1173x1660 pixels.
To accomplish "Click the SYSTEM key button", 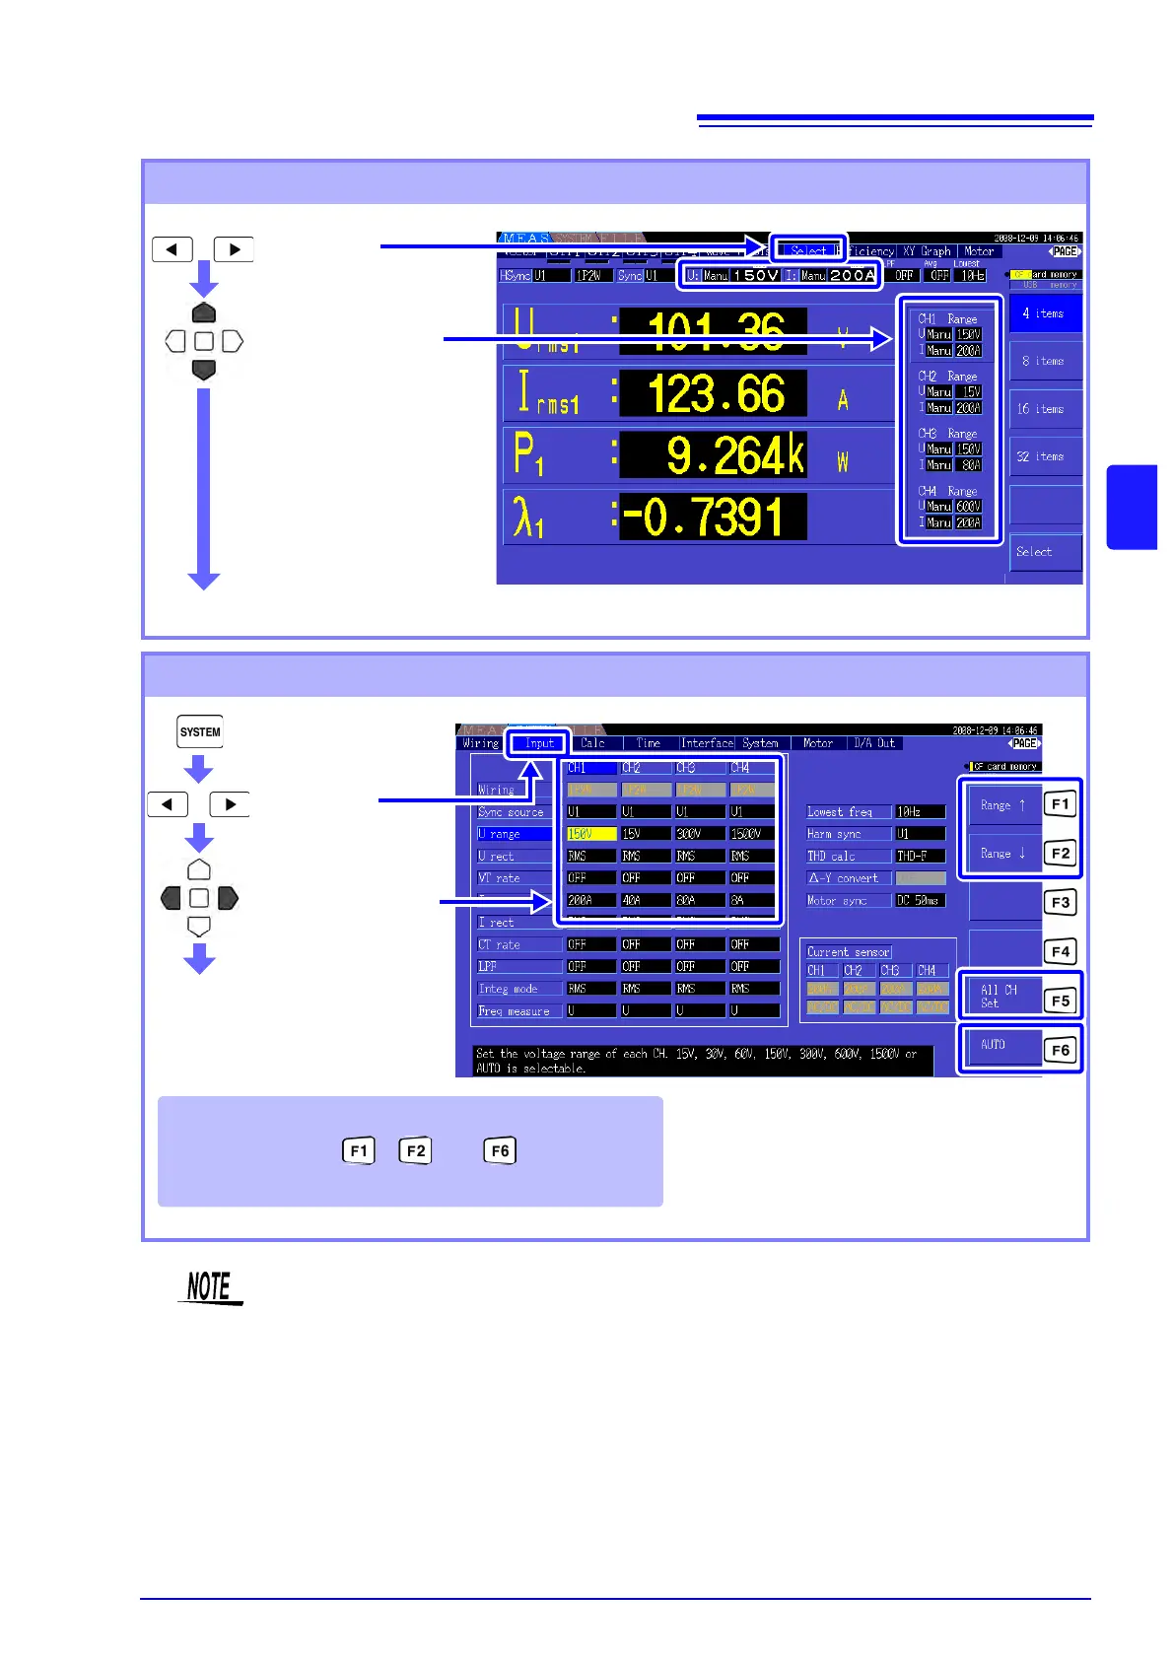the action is coord(200,731).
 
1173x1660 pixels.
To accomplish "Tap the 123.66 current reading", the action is coord(715,394).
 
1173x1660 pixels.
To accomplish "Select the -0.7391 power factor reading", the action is coord(713,518).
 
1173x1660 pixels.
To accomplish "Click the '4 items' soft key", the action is coord(1045,313).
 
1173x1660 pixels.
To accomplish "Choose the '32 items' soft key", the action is coord(1045,457).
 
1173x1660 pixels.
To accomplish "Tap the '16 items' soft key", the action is coord(1045,409).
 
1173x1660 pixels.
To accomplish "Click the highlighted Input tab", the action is coord(538,743).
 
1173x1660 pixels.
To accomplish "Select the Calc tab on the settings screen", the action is coord(593,743).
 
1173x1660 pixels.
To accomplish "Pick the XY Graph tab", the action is coord(927,251).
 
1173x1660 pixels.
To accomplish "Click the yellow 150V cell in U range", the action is coord(590,834).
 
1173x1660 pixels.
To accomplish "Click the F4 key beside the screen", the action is coord(1061,951).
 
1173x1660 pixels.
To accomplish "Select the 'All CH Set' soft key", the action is coord(1001,996).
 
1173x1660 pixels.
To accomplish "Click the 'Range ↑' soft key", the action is coord(1003,805).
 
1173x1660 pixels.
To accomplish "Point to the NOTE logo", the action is coord(209,1287).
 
